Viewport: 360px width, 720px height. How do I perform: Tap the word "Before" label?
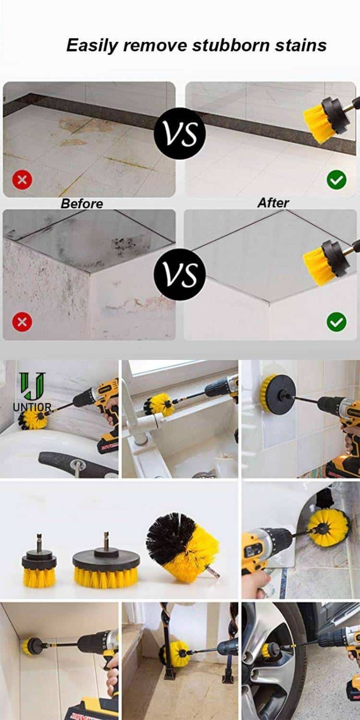(x=82, y=204)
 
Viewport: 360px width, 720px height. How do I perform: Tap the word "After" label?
(x=273, y=203)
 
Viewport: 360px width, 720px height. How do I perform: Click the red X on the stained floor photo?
(x=22, y=180)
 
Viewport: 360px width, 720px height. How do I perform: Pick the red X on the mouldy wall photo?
(x=22, y=322)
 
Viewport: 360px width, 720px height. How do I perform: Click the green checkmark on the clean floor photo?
(x=336, y=180)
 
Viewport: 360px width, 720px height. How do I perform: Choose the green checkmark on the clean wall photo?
(x=336, y=322)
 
